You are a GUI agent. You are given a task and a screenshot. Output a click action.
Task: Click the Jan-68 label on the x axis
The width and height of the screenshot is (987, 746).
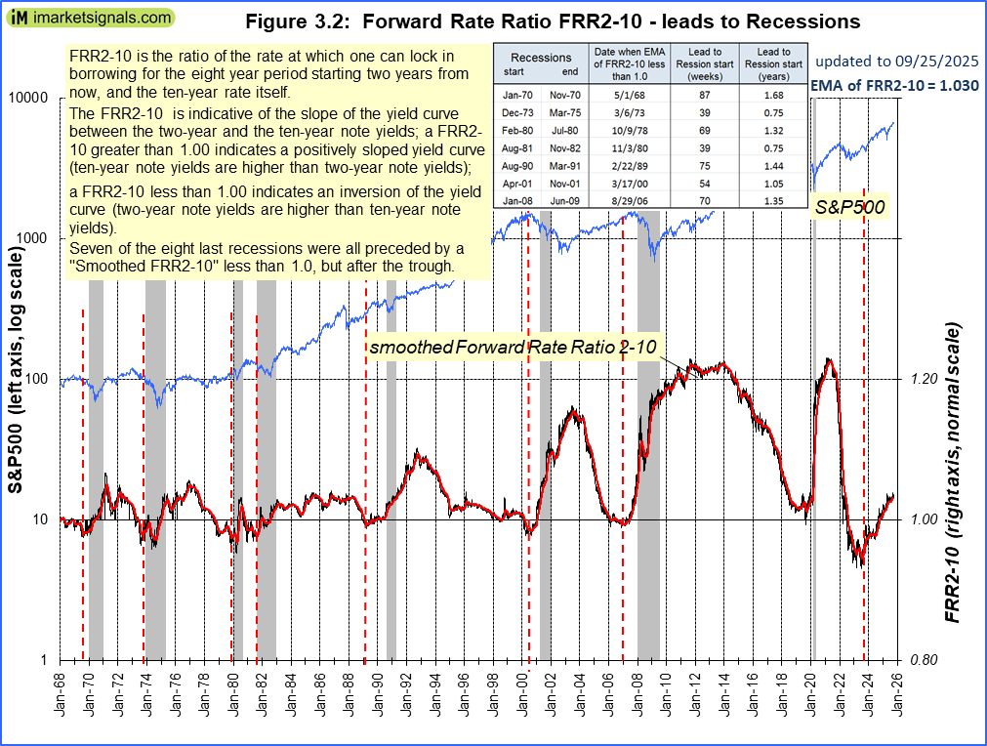60,695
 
